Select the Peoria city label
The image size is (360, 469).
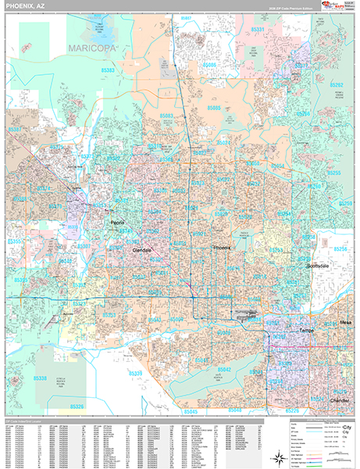[116, 223]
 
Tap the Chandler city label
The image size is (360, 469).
[340, 399]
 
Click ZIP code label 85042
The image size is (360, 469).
[224, 368]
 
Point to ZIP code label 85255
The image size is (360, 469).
[334, 172]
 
